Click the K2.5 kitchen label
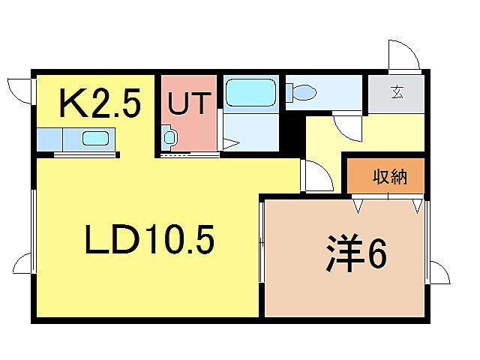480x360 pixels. click(x=100, y=104)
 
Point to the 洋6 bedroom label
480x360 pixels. click(x=356, y=254)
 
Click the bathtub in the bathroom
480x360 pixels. click(x=251, y=94)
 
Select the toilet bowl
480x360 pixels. click(x=304, y=93)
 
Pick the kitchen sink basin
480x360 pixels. click(x=95, y=139)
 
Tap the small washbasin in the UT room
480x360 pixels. click(x=169, y=137)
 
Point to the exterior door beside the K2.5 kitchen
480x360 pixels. click(x=19, y=91)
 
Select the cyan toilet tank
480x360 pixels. click(x=289, y=93)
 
